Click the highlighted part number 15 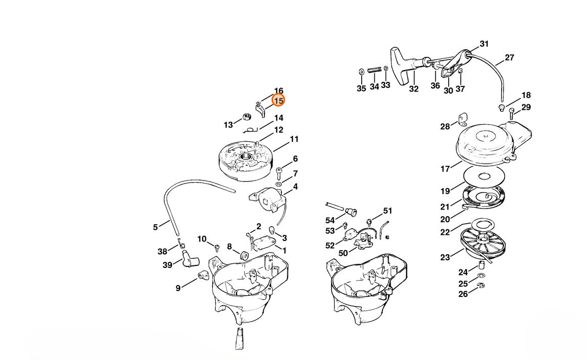coord(279,101)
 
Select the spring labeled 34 coord(374,70)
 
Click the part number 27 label coord(509,57)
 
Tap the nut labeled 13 coord(247,116)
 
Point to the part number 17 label coord(445,169)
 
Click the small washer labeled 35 coord(361,72)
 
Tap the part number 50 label coord(343,253)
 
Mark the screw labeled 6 coord(279,173)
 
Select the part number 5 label coord(155,227)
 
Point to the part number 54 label coord(330,220)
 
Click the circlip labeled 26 coord(481,286)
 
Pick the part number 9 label coord(178,288)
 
